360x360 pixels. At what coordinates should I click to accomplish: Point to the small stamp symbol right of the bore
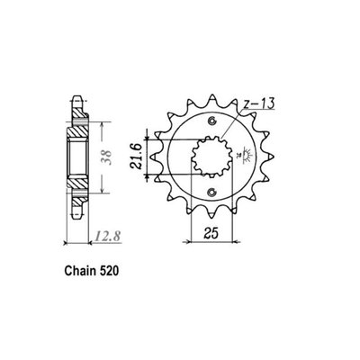click(242, 157)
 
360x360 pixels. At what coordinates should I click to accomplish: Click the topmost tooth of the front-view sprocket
click(212, 90)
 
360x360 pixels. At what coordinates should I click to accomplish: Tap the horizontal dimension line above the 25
click(212, 241)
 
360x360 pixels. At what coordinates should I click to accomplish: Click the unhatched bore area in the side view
click(77, 157)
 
